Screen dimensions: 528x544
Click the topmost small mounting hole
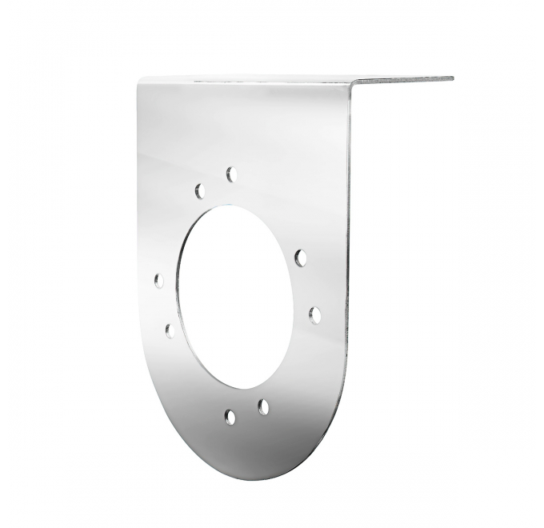click(x=232, y=174)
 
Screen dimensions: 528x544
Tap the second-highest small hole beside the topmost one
click(x=200, y=190)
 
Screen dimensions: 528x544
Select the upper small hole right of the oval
click(x=301, y=258)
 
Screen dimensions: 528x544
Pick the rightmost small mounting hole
click(x=315, y=314)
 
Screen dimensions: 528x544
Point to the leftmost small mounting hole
click(x=159, y=281)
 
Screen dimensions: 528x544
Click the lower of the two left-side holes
click(x=170, y=330)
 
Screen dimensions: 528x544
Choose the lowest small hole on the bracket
click(x=230, y=416)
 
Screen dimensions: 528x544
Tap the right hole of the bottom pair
click(x=263, y=407)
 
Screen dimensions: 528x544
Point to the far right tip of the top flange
click(x=451, y=78)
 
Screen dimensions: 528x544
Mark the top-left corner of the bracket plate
click(x=140, y=80)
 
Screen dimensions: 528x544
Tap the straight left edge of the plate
click(x=139, y=240)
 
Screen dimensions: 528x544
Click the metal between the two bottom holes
click(x=246, y=412)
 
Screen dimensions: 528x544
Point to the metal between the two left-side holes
click(x=164, y=306)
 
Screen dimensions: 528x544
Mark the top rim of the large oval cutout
click(x=232, y=207)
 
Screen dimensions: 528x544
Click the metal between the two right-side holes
click(x=308, y=286)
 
